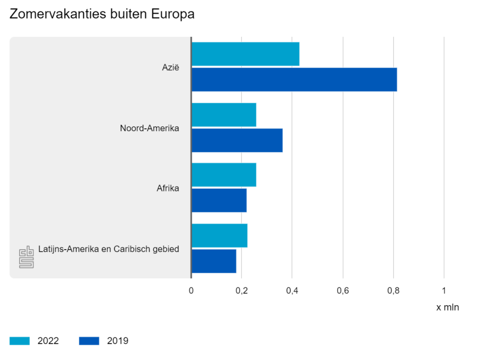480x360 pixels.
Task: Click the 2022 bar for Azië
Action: [x=245, y=54]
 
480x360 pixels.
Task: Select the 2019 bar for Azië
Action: [x=294, y=80]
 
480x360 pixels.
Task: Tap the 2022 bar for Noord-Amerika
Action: [x=224, y=115]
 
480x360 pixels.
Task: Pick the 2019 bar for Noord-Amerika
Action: [x=237, y=140]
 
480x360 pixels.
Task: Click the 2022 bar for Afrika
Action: [x=224, y=175]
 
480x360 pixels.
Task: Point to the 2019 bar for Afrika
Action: [x=219, y=200]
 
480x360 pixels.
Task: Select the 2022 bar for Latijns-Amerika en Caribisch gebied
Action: [x=219, y=235]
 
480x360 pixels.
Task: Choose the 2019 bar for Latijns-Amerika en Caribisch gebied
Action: [x=214, y=261]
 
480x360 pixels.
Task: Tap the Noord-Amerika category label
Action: [x=149, y=128]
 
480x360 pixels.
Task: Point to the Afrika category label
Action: [x=168, y=188]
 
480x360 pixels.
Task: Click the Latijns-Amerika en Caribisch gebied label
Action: [x=109, y=249]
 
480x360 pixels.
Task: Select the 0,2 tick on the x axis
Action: [x=242, y=290]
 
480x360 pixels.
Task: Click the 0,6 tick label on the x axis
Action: [x=343, y=290]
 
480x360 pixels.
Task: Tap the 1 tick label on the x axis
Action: [x=444, y=290]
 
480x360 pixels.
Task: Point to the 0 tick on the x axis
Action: [x=191, y=290]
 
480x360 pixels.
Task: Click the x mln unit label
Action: [x=448, y=307]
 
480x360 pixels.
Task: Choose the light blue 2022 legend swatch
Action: [x=19, y=341]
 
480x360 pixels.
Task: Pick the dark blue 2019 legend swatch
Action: [x=89, y=341]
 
